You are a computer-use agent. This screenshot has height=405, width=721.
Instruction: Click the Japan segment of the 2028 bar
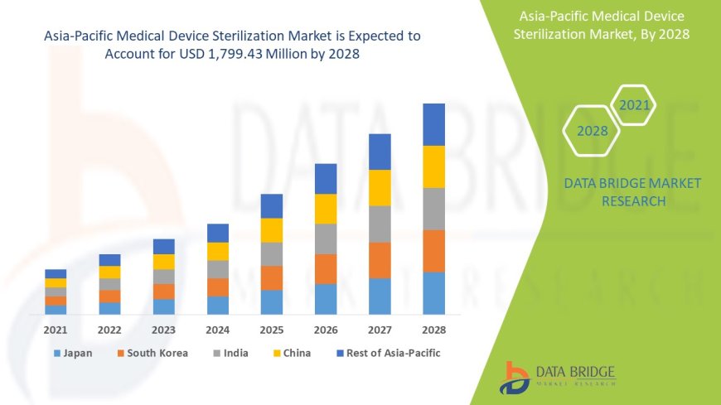[x=433, y=293]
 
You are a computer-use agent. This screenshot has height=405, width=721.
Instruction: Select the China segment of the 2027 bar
[x=380, y=187]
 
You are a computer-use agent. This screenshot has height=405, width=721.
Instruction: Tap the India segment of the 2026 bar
[x=326, y=239]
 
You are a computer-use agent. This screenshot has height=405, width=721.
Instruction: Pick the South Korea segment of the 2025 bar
[x=272, y=277]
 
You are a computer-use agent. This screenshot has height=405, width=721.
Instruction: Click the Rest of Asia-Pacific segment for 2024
[x=218, y=233]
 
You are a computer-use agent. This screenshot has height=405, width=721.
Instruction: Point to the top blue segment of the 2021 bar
[x=56, y=273]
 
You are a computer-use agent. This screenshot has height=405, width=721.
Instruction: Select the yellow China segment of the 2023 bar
[x=164, y=262]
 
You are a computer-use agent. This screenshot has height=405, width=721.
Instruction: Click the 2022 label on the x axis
[x=109, y=330]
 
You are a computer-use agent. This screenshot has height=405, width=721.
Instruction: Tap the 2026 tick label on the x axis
[x=326, y=330]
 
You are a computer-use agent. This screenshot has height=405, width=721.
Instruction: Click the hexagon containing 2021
[x=634, y=105]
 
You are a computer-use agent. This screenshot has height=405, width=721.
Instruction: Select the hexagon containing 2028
[x=592, y=131]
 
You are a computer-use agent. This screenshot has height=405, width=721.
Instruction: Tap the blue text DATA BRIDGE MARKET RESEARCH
[x=632, y=191]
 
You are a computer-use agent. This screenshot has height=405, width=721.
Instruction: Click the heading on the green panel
[x=602, y=25]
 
